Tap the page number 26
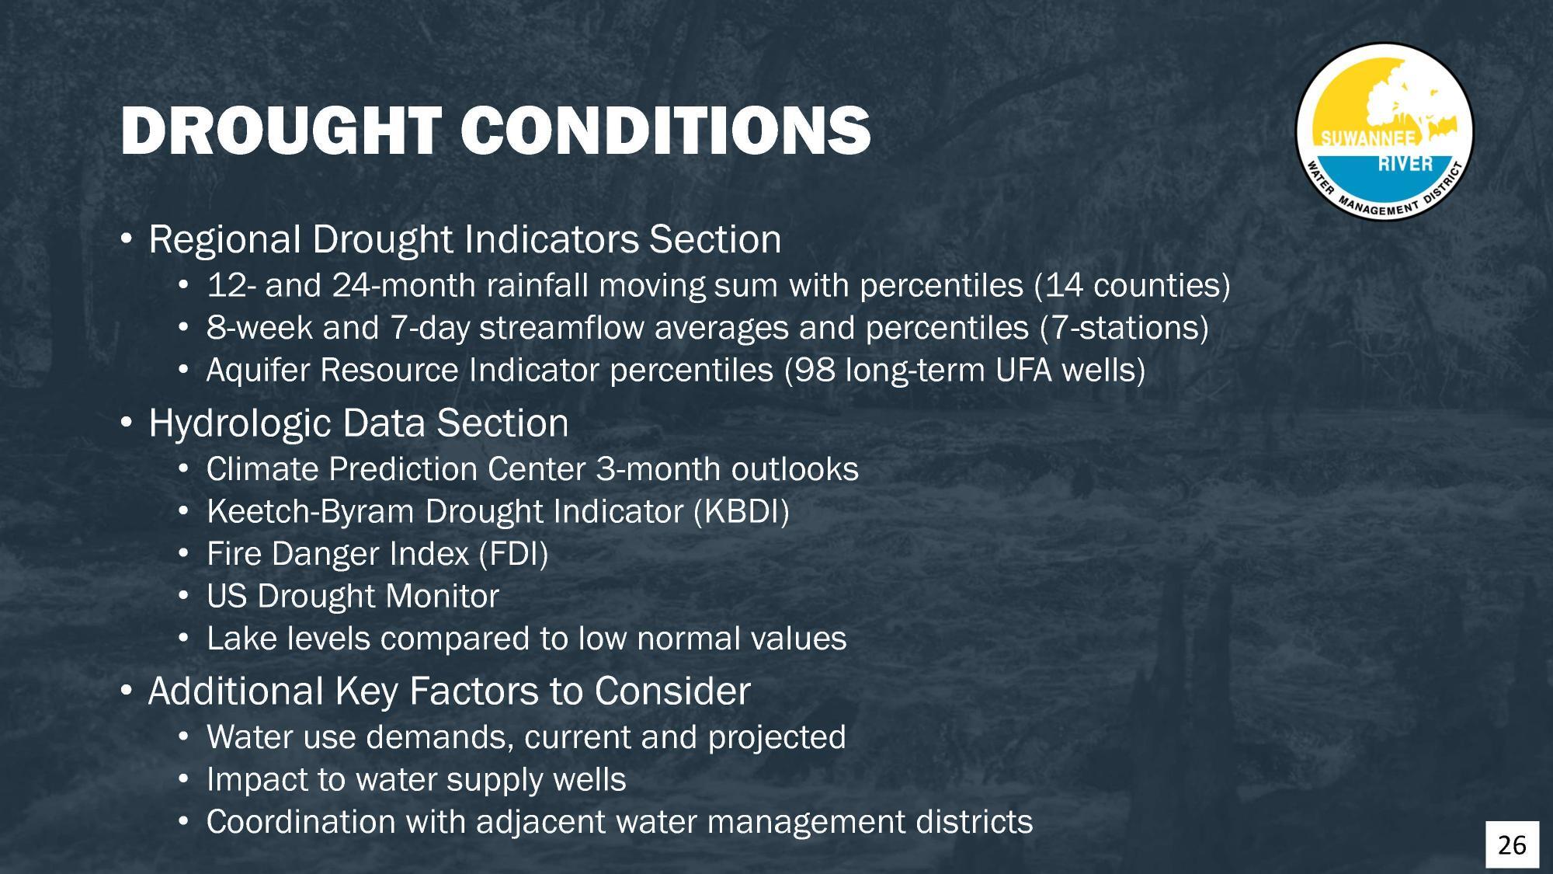click(x=1512, y=844)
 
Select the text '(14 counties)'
click(x=1132, y=286)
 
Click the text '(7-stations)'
click(x=1124, y=328)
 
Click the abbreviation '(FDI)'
click(x=512, y=555)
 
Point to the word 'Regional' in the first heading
click(x=224, y=239)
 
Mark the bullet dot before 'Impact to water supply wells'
click(x=183, y=779)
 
